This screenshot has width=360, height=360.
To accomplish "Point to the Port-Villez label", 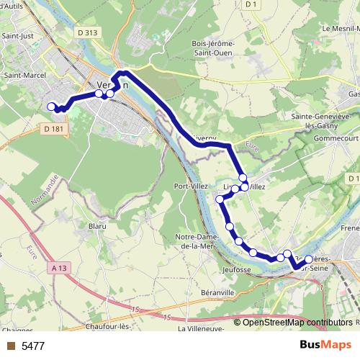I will click(191, 186).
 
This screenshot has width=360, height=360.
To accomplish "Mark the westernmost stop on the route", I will click(51, 107).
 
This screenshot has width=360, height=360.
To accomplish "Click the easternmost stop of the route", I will click(309, 259).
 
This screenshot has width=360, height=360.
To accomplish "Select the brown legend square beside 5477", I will click(9, 346).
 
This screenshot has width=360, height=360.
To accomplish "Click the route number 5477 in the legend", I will click(33, 346).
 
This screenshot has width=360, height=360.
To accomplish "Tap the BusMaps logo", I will click(325, 345).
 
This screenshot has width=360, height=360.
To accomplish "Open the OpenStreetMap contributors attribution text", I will click(297, 323).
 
